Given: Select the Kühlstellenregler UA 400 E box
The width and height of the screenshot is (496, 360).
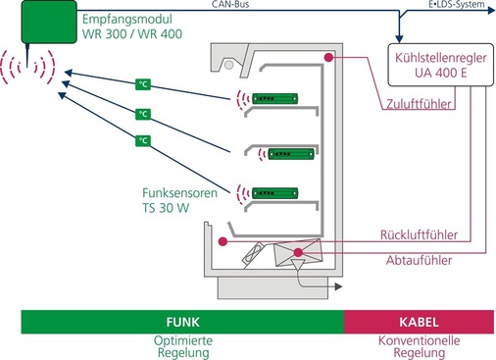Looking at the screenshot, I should pyautogui.click(x=441, y=65).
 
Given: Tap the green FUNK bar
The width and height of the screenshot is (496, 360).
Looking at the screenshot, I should pyautogui.click(x=182, y=322).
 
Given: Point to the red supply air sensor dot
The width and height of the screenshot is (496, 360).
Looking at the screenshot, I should pyautogui.click(x=330, y=59).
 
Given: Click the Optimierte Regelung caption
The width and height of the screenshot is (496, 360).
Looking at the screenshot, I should pyautogui.click(x=182, y=346).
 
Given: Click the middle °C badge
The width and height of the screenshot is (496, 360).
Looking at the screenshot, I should pyautogui.click(x=143, y=114).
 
